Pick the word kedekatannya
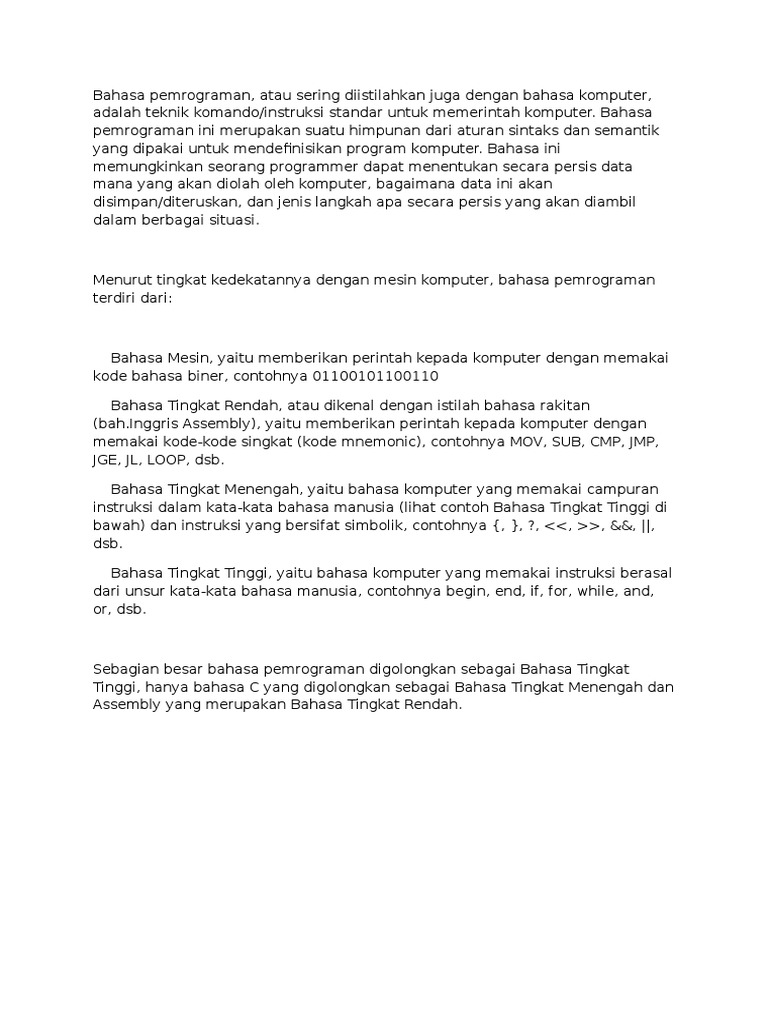261,280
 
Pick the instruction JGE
107,459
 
